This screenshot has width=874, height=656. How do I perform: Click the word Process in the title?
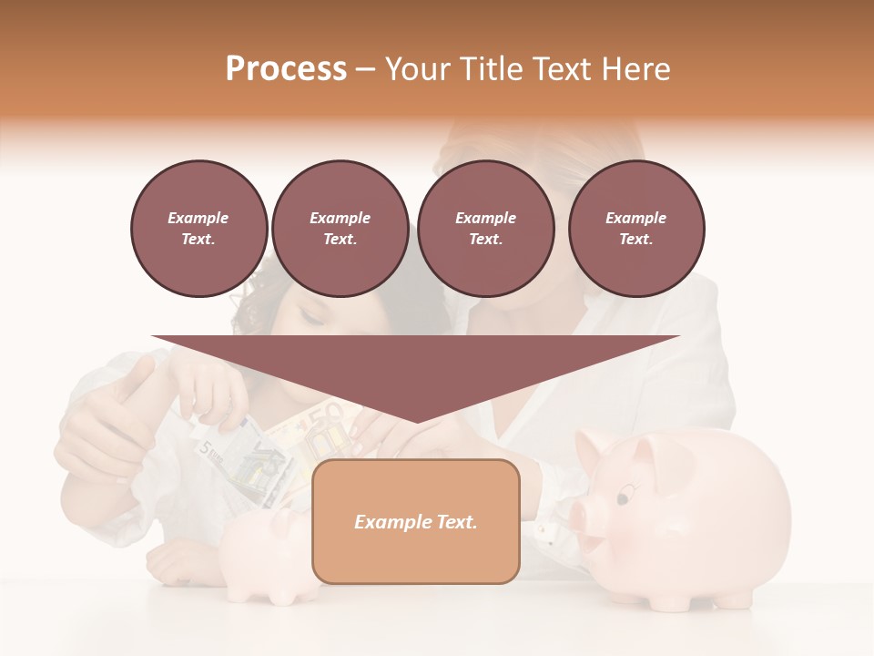click(286, 69)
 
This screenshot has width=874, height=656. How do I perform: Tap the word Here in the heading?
click(635, 69)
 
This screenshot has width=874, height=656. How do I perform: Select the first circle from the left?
click(198, 229)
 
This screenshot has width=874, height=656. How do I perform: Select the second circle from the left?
click(340, 229)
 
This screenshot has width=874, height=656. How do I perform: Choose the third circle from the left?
click(485, 229)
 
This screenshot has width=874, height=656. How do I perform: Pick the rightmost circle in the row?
click(635, 229)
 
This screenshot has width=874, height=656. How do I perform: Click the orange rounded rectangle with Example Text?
click(415, 522)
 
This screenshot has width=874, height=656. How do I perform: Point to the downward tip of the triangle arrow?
click(416, 420)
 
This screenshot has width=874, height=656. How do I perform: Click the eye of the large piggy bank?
click(623, 497)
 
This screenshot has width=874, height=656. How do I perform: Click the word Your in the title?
click(420, 69)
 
